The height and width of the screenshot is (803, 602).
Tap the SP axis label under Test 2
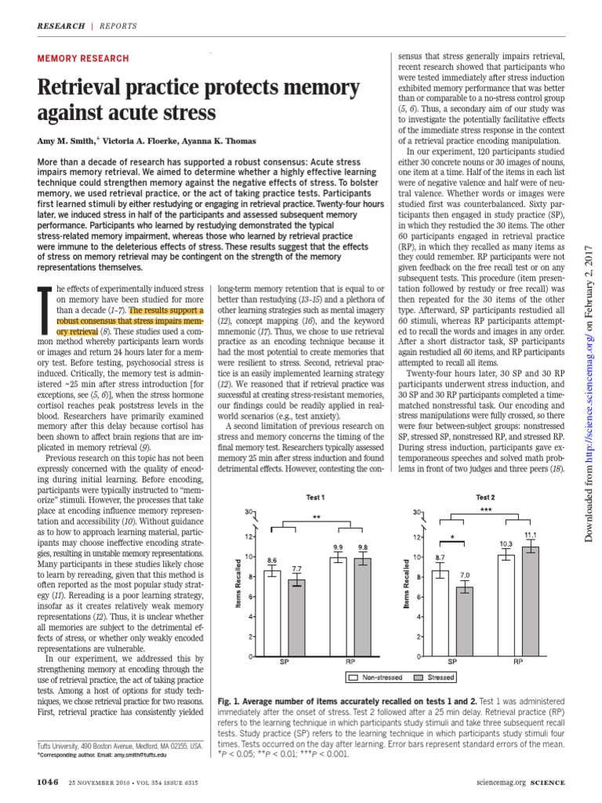click(454, 663)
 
